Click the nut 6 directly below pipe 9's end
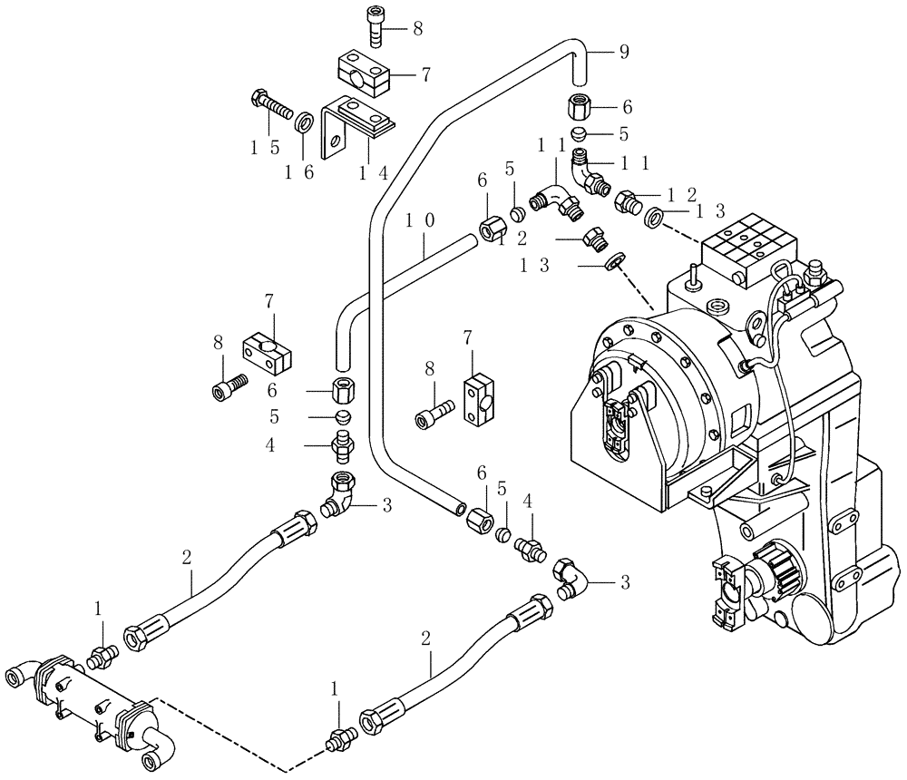(x=580, y=107)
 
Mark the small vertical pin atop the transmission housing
(x=693, y=273)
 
